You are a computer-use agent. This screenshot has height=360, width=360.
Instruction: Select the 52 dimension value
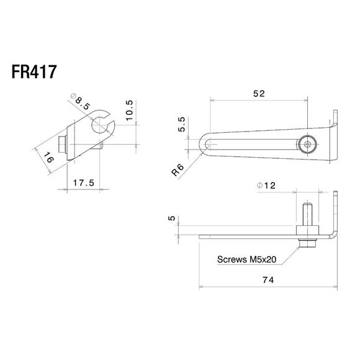259,94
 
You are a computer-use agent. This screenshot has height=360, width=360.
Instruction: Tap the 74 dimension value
268,280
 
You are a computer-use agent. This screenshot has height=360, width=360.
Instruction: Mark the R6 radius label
178,170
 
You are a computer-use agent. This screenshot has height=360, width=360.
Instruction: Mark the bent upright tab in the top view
335,124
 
